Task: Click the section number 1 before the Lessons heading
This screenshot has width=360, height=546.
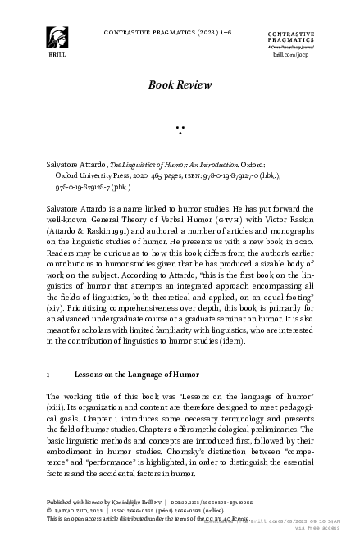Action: [x=48, y=374]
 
